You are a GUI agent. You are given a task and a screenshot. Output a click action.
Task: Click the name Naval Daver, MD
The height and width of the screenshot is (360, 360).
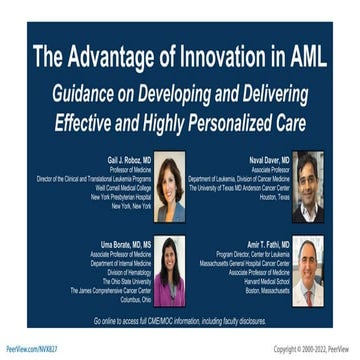(x=269, y=160)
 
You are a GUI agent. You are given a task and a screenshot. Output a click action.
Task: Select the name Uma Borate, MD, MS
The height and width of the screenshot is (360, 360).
(x=124, y=243)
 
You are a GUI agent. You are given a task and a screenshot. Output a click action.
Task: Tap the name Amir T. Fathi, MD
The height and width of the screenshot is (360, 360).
(x=268, y=243)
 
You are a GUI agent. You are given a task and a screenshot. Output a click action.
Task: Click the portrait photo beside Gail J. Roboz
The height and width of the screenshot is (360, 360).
(x=169, y=186)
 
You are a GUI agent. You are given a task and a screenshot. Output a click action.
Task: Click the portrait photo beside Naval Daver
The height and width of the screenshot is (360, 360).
(x=307, y=186)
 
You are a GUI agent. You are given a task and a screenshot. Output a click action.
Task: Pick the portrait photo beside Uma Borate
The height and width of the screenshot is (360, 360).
(x=169, y=271)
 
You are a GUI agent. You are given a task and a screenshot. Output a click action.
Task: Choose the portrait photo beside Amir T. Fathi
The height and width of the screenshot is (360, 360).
(x=307, y=271)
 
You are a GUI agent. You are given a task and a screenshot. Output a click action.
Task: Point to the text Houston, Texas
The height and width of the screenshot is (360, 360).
(x=268, y=196)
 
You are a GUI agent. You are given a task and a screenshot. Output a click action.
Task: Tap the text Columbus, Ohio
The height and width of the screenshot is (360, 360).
(x=127, y=297)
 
